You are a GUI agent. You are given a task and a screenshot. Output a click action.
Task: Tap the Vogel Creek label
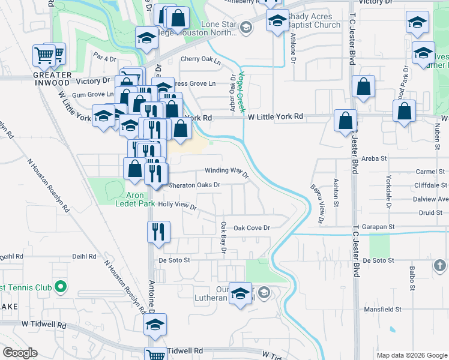coord(242,92)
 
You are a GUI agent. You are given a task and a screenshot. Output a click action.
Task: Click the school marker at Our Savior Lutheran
coord(241,293)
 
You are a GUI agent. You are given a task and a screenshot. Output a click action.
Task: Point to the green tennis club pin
coord(59,287)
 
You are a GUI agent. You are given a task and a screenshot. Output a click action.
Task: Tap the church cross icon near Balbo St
coord(440,265)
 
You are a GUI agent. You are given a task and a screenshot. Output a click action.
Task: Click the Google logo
coord(20,353)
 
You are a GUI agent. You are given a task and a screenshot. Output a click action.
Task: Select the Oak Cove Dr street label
coord(252,228)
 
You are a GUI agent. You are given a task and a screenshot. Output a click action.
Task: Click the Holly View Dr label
coord(177,205)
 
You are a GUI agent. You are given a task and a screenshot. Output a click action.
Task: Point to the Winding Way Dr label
coord(227,172)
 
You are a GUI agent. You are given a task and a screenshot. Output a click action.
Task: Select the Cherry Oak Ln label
coord(200,59)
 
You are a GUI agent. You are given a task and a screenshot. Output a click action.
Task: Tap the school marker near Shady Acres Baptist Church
coord(277,22)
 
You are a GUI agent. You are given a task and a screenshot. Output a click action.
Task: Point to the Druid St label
coord(430,212)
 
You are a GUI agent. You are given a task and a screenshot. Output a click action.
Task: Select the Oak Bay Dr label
coord(223,237)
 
